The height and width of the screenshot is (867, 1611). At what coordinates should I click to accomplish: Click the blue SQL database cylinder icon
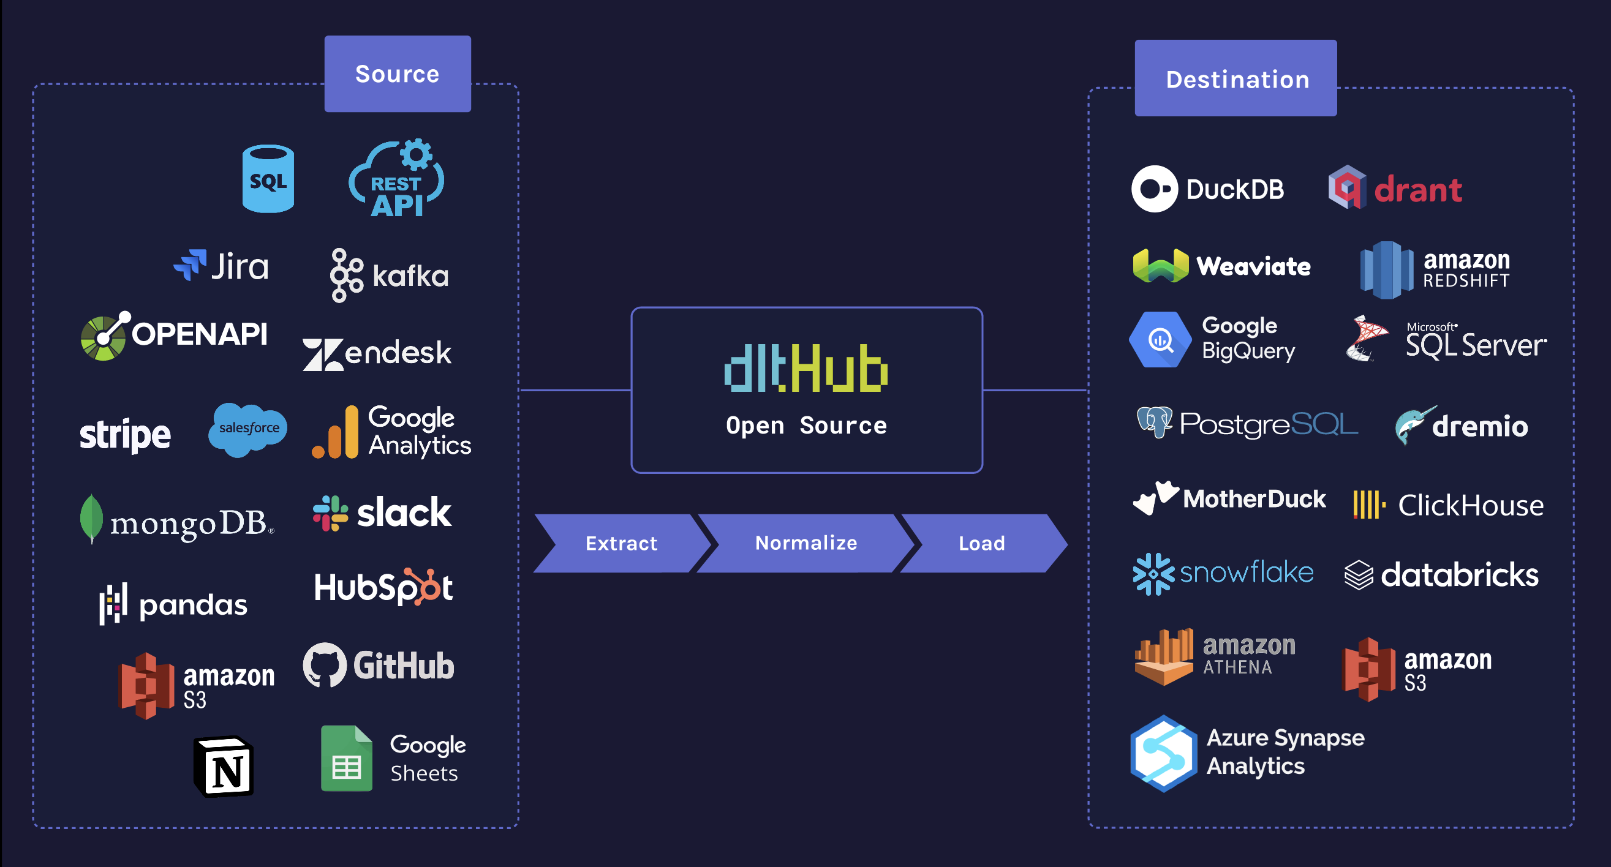coord(268,179)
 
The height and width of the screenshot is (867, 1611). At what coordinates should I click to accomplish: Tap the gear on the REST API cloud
coord(416,154)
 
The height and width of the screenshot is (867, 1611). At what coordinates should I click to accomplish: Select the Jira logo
coord(221,266)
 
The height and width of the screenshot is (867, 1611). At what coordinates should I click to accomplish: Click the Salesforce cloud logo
coord(247,429)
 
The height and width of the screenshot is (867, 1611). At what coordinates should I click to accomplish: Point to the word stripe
coord(124,435)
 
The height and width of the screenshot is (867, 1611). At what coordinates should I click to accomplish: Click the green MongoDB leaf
coord(91,518)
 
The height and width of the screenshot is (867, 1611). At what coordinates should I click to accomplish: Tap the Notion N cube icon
coord(224,767)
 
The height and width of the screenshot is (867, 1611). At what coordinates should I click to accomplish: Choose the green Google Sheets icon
coord(347,758)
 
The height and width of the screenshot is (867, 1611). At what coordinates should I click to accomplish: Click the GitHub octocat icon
coord(325,664)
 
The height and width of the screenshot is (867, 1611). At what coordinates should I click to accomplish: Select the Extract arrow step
coord(621,543)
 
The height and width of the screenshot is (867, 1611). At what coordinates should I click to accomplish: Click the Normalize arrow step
coord(805,543)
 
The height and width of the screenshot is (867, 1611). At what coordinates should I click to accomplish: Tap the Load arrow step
coord(982,543)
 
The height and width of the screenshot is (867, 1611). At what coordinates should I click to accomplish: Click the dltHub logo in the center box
coord(805,368)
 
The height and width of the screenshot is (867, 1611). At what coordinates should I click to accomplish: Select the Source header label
coord(397,73)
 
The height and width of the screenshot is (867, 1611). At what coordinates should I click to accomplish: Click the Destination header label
coord(1236,79)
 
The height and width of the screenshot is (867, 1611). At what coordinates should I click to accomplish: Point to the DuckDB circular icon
coord(1155,189)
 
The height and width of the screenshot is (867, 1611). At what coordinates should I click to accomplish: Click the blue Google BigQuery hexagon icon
coord(1160,339)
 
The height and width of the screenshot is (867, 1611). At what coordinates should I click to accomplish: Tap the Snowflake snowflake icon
coord(1154,574)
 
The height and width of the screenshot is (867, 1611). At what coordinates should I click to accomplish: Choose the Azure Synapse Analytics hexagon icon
coord(1163,753)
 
